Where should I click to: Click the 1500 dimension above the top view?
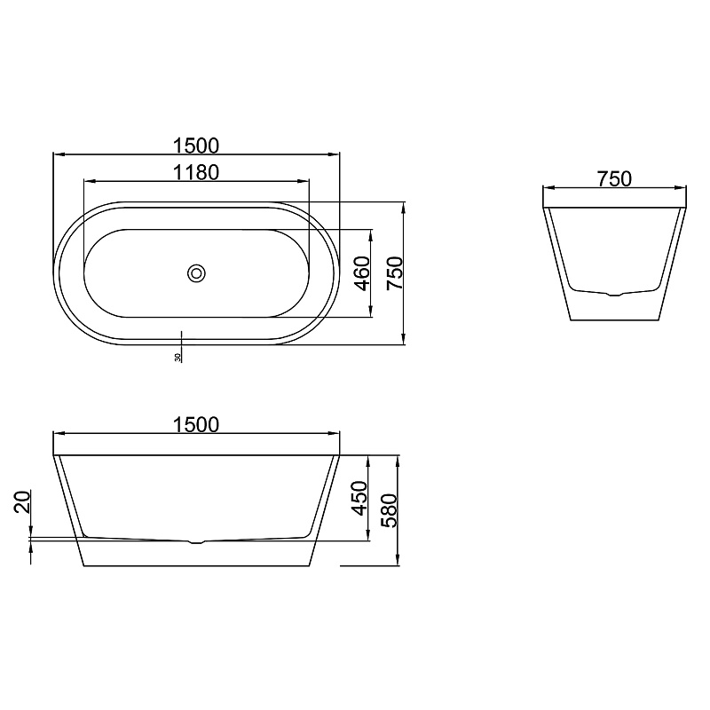point(196,146)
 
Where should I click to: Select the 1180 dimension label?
point(196,172)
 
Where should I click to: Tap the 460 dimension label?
point(362,273)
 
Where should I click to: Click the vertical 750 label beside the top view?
point(394,273)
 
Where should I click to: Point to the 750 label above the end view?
point(614,179)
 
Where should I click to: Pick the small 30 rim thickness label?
point(177,358)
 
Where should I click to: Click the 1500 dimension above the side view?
point(196,425)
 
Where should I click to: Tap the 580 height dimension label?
point(389,510)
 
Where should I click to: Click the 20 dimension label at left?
point(22,501)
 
